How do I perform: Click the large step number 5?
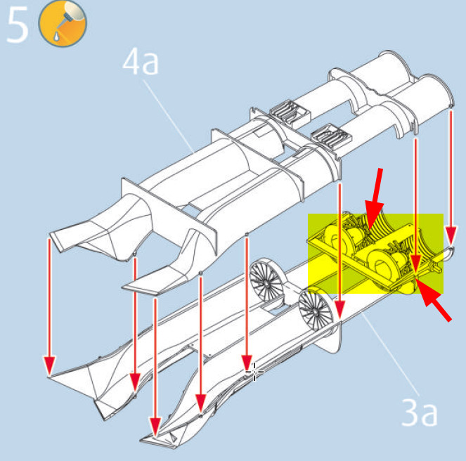18,25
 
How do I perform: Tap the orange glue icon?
63,23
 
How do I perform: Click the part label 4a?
141,62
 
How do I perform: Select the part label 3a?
420,413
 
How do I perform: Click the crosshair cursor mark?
254,372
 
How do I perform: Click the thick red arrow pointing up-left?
434,300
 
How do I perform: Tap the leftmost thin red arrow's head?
49,366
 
